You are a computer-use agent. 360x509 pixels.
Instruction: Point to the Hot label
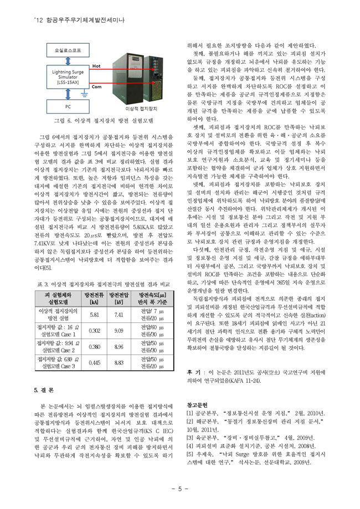coord(95,66)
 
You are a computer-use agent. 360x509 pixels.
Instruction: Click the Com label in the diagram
coord(95,87)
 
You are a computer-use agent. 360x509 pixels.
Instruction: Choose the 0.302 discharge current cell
coord(94,331)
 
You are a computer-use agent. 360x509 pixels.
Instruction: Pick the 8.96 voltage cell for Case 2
coord(119,347)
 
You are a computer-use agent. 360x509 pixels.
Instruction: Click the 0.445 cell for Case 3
coord(94,363)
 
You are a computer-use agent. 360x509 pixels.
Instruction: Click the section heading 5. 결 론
coord(47,390)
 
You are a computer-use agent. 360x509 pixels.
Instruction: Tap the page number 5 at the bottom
coord(180,489)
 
